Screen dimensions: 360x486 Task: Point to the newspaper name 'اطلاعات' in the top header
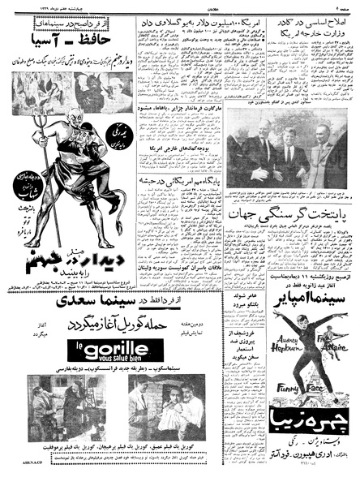pos(181,6)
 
